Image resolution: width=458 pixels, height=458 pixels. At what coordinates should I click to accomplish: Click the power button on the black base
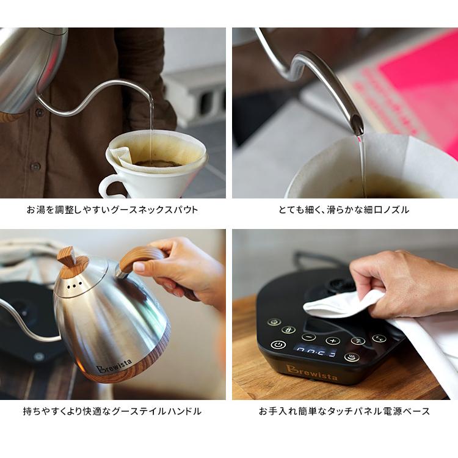point(278,344)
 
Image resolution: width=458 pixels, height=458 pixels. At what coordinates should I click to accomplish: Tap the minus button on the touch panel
point(309,336)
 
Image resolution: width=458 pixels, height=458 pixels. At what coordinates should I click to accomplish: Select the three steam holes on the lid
point(72,285)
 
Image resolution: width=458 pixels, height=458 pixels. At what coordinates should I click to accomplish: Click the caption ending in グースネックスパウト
point(112,209)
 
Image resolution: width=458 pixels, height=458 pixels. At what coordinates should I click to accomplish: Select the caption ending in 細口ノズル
point(344,209)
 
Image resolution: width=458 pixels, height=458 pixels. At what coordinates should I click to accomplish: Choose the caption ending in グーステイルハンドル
point(112,411)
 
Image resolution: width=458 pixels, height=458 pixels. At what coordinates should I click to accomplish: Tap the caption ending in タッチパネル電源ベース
point(344,411)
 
